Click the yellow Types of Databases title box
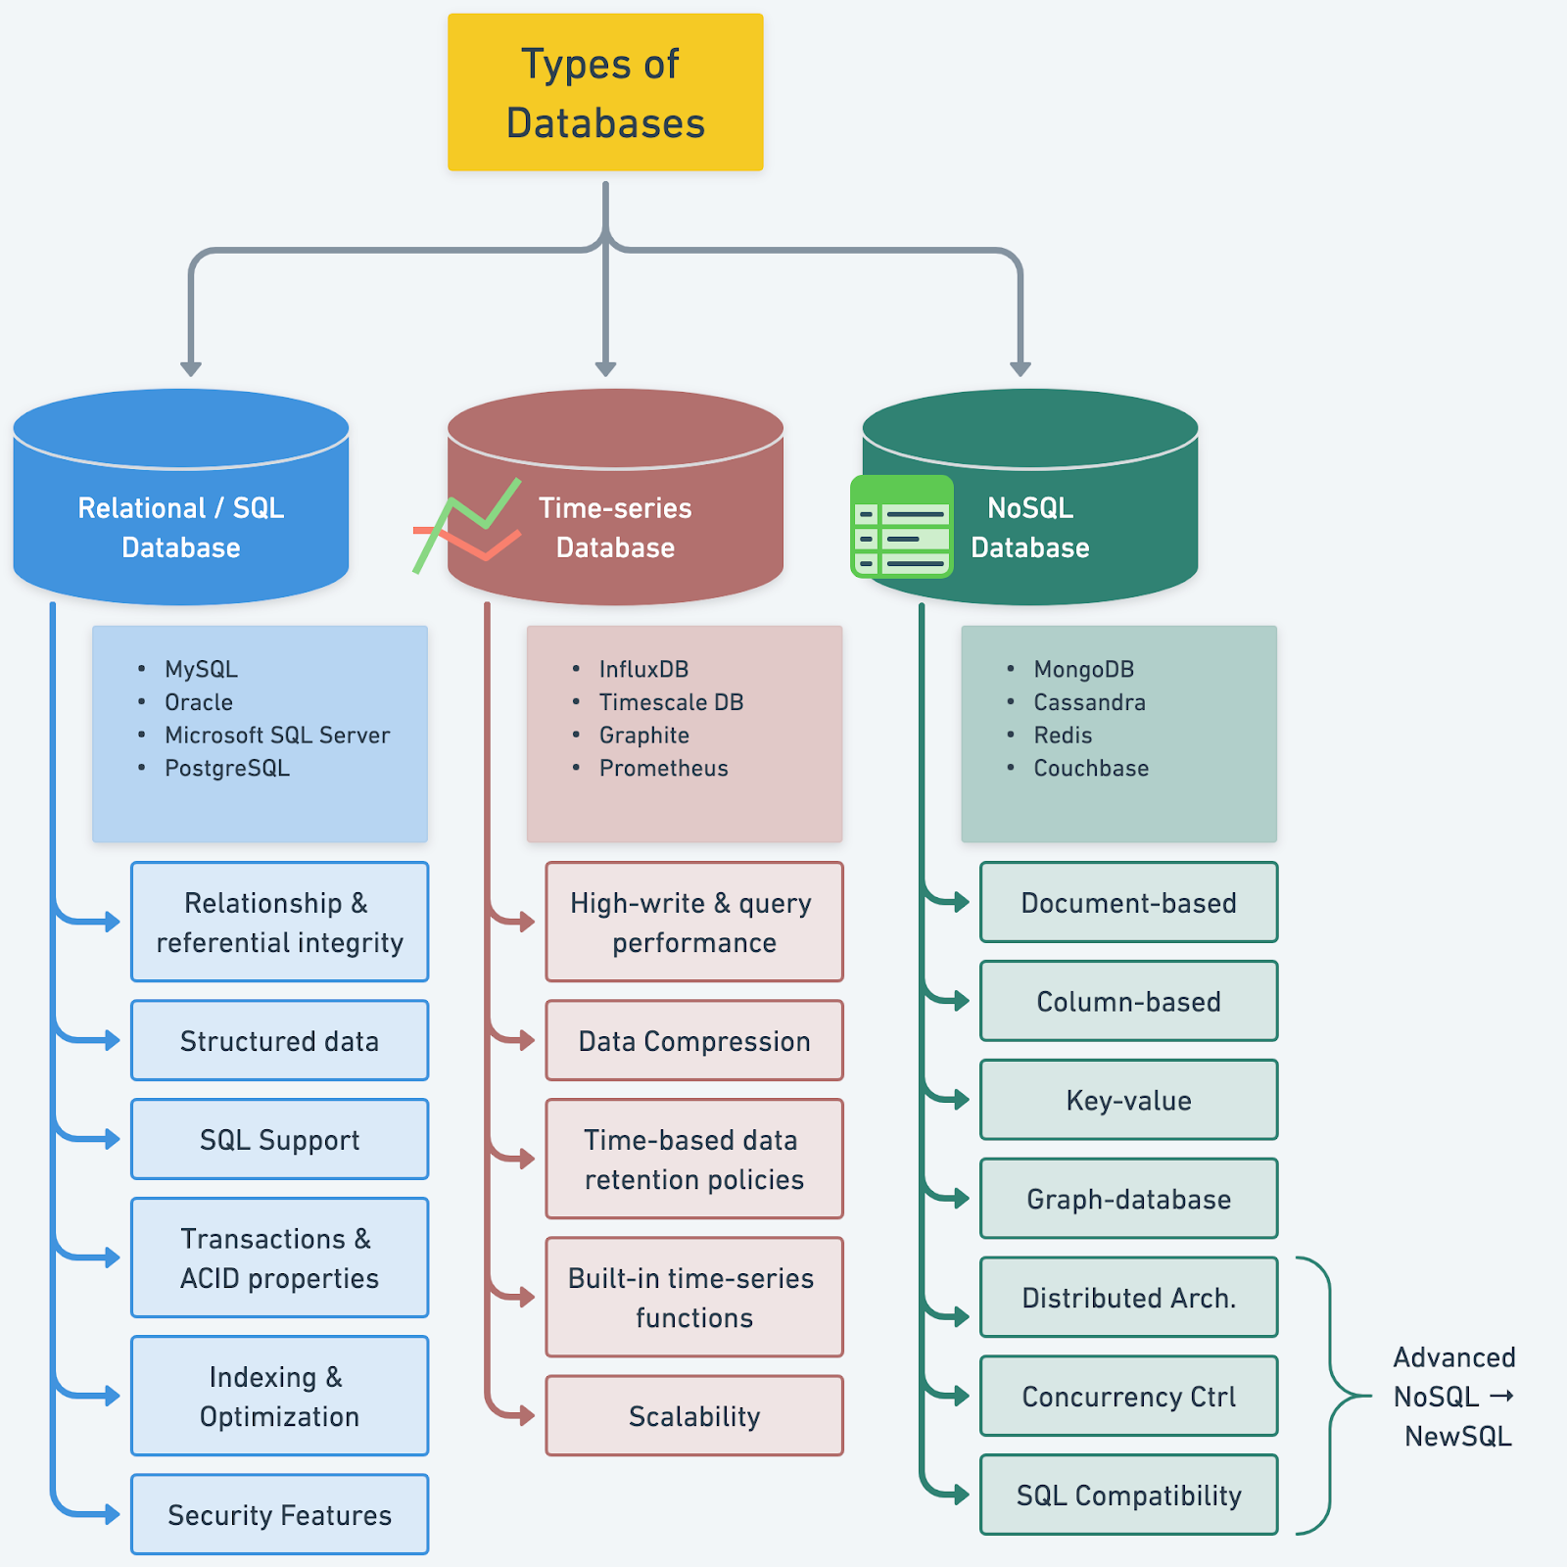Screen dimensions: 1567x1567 click(x=605, y=92)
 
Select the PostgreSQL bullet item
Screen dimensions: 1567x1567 click(x=226, y=768)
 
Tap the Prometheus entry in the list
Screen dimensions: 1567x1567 click(x=663, y=768)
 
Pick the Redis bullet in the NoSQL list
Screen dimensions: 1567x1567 click(x=1063, y=735)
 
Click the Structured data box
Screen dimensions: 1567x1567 click(x=279, y=1040)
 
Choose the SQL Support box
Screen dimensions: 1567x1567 click(x=279, y=1139)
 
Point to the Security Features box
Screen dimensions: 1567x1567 click(x=279, y=1514)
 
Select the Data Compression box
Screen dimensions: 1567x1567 click(x=693, y=1040)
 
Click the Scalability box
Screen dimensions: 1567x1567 click(x=693, y=1415)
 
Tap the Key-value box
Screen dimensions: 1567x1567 click(x=1128, y=1100)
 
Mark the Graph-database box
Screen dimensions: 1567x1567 click(x=1128, y=1199)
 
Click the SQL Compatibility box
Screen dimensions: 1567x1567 click(x=1128, y=1495)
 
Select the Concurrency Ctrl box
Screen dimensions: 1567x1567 click(x=1128, y=1396)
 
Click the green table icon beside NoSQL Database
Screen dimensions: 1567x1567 click(x=901, y=527)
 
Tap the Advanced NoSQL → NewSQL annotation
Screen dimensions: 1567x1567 click(x=1453, y=1396)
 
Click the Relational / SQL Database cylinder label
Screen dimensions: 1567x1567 click(x=181, y=527)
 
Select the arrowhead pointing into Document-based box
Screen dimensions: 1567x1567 click(x=962, y=901)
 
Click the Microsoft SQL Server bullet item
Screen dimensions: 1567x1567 click(x=276, y=735)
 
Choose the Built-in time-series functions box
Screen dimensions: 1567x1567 click(x=693, y=1297)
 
